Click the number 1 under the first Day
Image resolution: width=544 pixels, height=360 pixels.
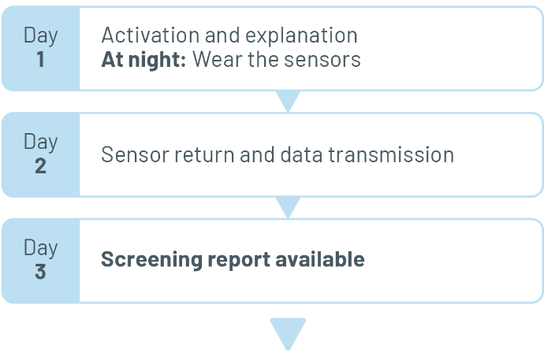coord(40,59)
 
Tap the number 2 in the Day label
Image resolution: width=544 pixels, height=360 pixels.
coord(40,165)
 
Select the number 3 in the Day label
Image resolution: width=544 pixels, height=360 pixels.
coord(40,271)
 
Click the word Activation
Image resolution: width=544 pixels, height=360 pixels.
coord(151,35)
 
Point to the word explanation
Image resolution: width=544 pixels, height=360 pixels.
coord(301,35)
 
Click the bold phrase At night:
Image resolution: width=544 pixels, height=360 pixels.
coord(143,59)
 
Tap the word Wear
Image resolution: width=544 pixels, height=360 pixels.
coord(217,59)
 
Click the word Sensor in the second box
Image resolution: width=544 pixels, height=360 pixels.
coord(136,154)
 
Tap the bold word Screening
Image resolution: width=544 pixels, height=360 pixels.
coord(151,260)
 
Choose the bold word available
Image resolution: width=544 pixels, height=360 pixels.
coord(320,259)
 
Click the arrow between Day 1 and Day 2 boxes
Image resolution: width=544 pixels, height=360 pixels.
coord(288,100)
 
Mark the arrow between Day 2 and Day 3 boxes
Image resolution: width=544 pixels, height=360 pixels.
coord(288,206)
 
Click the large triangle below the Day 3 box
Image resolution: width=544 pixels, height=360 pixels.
coord(288,332)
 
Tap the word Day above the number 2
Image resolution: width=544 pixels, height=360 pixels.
coord(40,142)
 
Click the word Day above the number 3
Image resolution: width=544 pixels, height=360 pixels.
coord(40,248)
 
